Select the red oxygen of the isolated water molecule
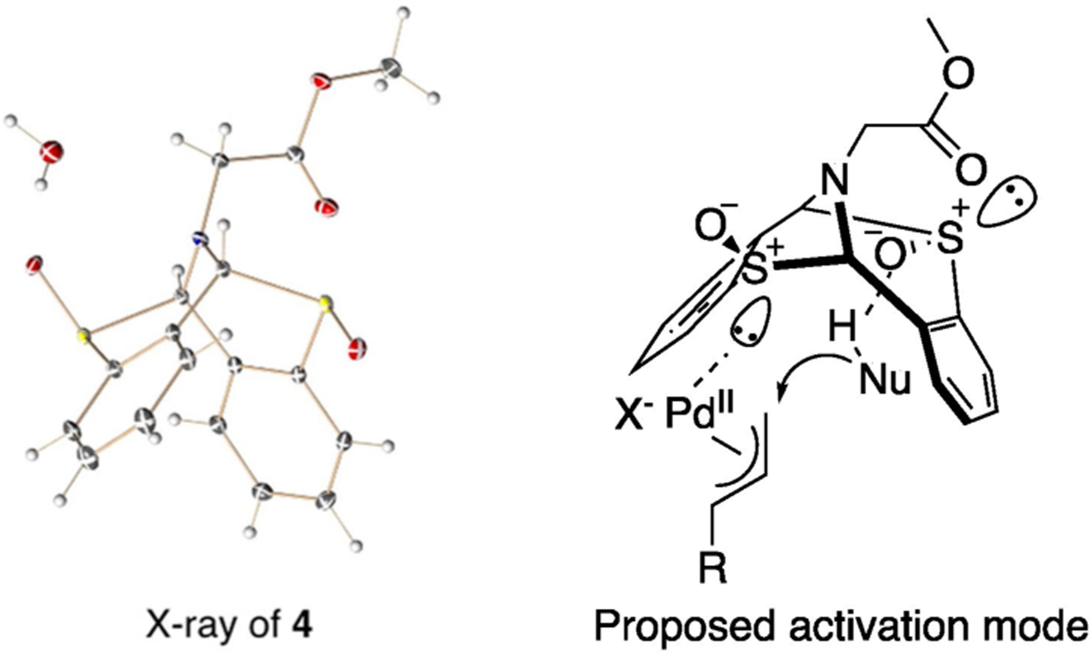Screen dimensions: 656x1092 point(52,151)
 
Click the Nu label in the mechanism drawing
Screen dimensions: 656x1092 point(884,381)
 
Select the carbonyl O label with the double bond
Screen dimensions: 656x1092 point(971,170)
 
